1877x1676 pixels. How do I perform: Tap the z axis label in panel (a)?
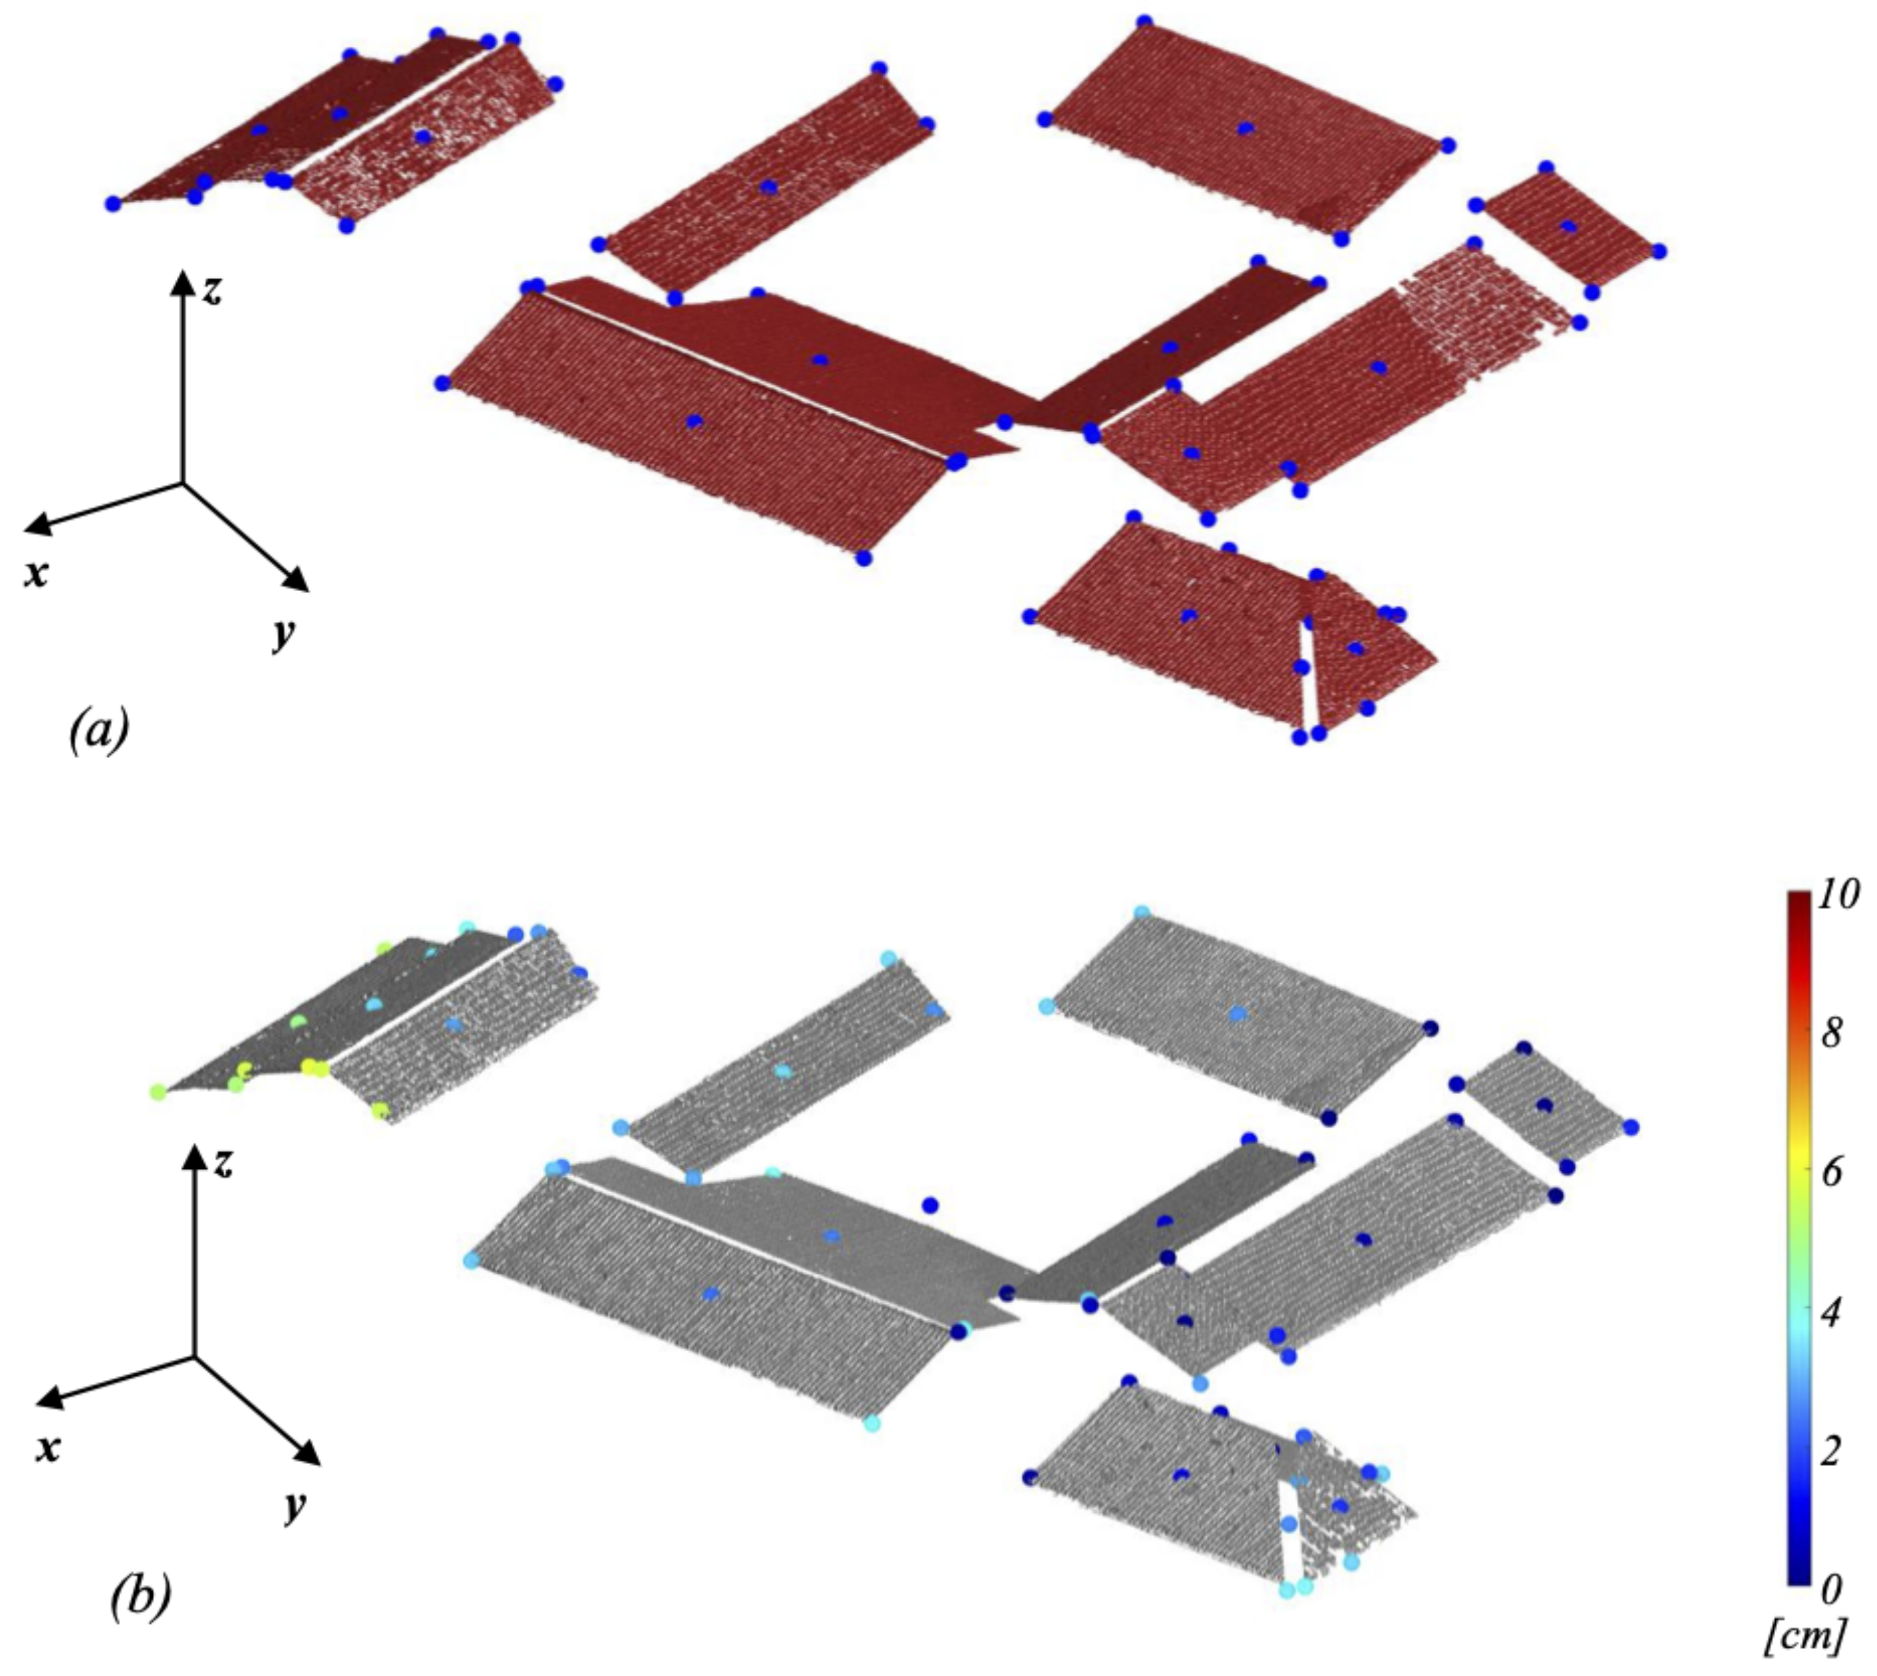[213, 290]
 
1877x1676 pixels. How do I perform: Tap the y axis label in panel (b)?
[294, 1507]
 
